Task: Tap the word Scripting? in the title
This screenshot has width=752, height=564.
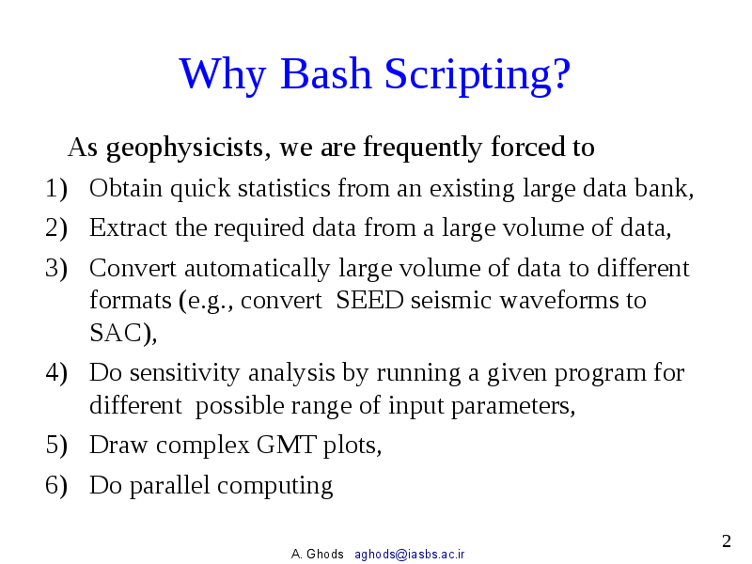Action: pyautogui.click(x=477, y=75)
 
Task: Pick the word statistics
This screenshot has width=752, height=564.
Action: pyautogui.click(x=284, y=189)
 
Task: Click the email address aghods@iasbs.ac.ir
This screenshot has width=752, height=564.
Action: pyautogui.click(x=409, y=555)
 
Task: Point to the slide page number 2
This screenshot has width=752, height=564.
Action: pyautogui.click(x=726, y=540)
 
